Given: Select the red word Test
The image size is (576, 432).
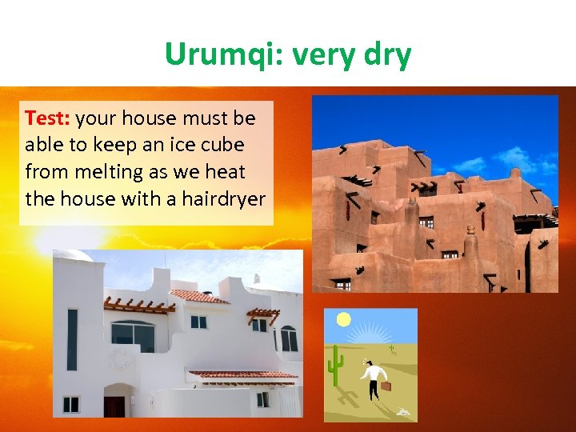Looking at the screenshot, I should pos(47,118).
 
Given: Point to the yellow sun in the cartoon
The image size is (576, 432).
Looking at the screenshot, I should pos(344,320).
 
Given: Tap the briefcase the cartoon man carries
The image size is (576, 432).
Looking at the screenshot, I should pos(388,387).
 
